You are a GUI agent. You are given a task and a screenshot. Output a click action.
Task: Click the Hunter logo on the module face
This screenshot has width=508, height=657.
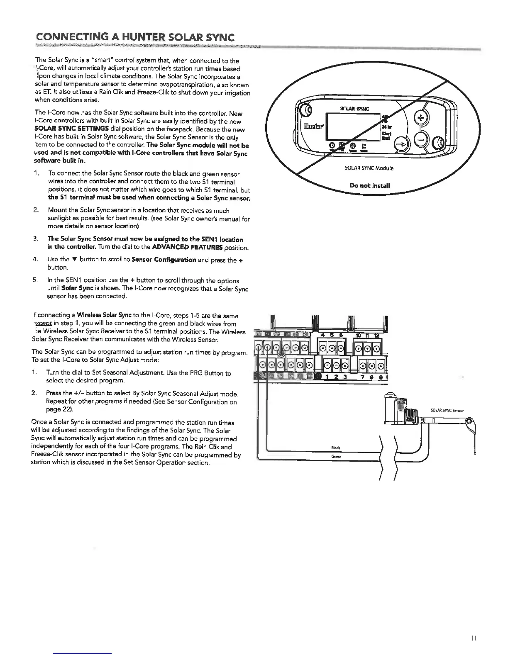pos(313,125)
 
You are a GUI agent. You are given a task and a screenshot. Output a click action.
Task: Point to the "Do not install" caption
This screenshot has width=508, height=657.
pos(369,185)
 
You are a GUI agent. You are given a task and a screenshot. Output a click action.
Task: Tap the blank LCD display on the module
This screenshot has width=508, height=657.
pos(355,126)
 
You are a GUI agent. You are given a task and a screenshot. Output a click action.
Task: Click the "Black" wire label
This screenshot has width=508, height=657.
pos(336,448)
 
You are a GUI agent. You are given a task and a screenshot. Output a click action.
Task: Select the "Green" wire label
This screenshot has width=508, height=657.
pos(336,456)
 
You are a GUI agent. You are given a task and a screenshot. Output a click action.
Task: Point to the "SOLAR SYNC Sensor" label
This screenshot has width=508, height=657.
pos(447,411)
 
